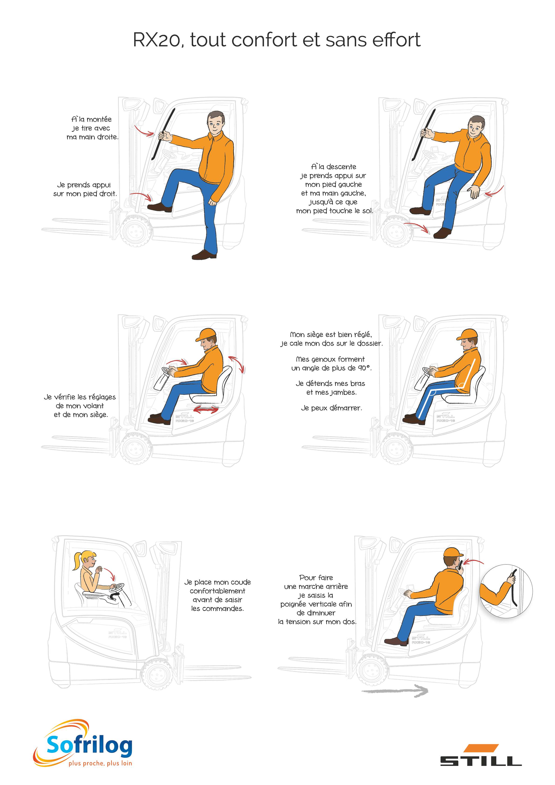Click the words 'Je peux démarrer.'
pyautogui.click(x=331, y=408)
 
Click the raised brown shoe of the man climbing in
pyautogui.click(x=160, y=207)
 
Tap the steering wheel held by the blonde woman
pyautogui.click(x=116, y=587)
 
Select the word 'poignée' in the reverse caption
pyautogui.click(x=293, y=604)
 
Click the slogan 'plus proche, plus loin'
pyautogui.click(x=100, y=763)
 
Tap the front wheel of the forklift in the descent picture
pyautogui.click(x=396, y=232)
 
